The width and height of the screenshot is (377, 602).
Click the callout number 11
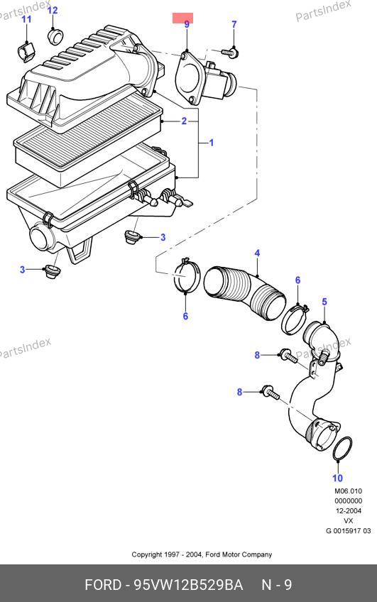pyautogui.click(x=26, y=18)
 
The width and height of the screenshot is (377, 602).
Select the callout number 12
pyautogui.click(x=53, y=10)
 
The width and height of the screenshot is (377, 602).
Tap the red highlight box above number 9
pyautogui.click(x=182, y=18)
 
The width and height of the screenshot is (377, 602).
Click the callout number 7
pyautogui.click(x=234, y=24)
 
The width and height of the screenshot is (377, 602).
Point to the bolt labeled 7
pyautogui.click(x=230, y=52)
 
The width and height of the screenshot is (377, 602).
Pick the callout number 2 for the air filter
pyautogui.click(x=184, y=121)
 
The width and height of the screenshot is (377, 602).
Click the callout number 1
pyautogui.click(x=211, y=143)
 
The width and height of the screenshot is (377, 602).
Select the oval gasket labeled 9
pyautogui.click(x=188, y=78)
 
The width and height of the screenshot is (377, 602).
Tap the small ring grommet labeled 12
pyautogui.click(x=55, y=35)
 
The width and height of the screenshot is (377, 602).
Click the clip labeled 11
pyautogui.click(x=26, y=51)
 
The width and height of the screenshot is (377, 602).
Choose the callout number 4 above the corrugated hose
pyautogui.click(x=257, y=253)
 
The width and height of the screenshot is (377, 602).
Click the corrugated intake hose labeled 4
pyautogui.click(x=244, y=292)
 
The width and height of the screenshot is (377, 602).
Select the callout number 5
pyautogui.click(x=324, y=302)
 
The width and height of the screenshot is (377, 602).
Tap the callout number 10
pyautogui.click(x=337, y=478)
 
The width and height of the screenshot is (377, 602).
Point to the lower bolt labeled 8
pyautogui.click(x=271, y=393)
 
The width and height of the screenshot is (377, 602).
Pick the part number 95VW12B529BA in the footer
pyautogui.click(x=188, y=585)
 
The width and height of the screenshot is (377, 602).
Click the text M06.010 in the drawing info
pyautogui.click(x=348, y=491)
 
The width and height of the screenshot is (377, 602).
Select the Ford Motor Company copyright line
pyautogui.click(x=202, y=554)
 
